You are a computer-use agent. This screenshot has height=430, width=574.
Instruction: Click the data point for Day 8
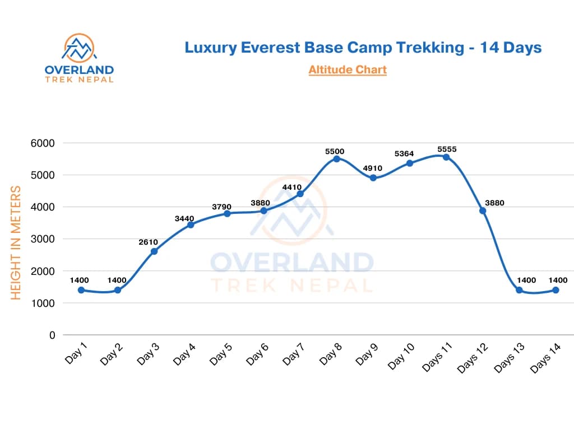(x=336, y=158)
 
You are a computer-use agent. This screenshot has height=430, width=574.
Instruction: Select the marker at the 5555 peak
(x=446, y=157)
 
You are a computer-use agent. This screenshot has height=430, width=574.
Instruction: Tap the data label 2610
(x=149, y=242)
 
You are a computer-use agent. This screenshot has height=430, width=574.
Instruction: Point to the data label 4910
(x=372, y=167)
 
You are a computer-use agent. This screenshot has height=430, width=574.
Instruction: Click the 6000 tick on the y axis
(x=43, y=143)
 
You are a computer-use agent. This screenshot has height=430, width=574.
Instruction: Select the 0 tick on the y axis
(x=52, y=335)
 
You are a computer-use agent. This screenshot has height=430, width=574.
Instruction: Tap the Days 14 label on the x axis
(x=545, y=359)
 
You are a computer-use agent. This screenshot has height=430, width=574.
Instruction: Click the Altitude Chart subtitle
(x=348, y=69)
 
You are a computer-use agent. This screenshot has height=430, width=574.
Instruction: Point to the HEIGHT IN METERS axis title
(x=16, y=242)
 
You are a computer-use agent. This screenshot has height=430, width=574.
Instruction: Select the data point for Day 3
(x=154, y=251)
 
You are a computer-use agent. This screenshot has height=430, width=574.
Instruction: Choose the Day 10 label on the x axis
(x=401, y=357)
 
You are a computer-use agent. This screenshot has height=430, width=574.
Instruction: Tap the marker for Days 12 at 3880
(x=483, y=211)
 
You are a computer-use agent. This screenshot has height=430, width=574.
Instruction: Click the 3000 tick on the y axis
(x=43, y=239)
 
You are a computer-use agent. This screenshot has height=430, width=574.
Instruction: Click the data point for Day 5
(x=227, y=213)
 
